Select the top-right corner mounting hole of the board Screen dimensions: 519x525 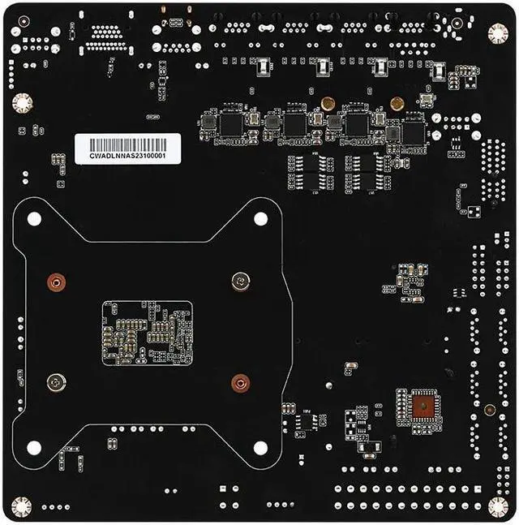(x=497, y=32)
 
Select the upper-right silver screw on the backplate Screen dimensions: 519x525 (x=239, y=282)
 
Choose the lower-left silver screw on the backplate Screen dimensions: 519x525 (x=55, y=382)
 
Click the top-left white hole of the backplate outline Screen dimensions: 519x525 (x=34, y=218)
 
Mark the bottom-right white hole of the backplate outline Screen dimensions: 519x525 (x=260, y=447)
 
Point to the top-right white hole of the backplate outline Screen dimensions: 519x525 (x=260, y=218)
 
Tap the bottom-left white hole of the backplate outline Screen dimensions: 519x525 (x=34, y=447)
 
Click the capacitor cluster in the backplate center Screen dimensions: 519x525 (x=147, y=333)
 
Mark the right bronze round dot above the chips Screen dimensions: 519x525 (x=397, y=103)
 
